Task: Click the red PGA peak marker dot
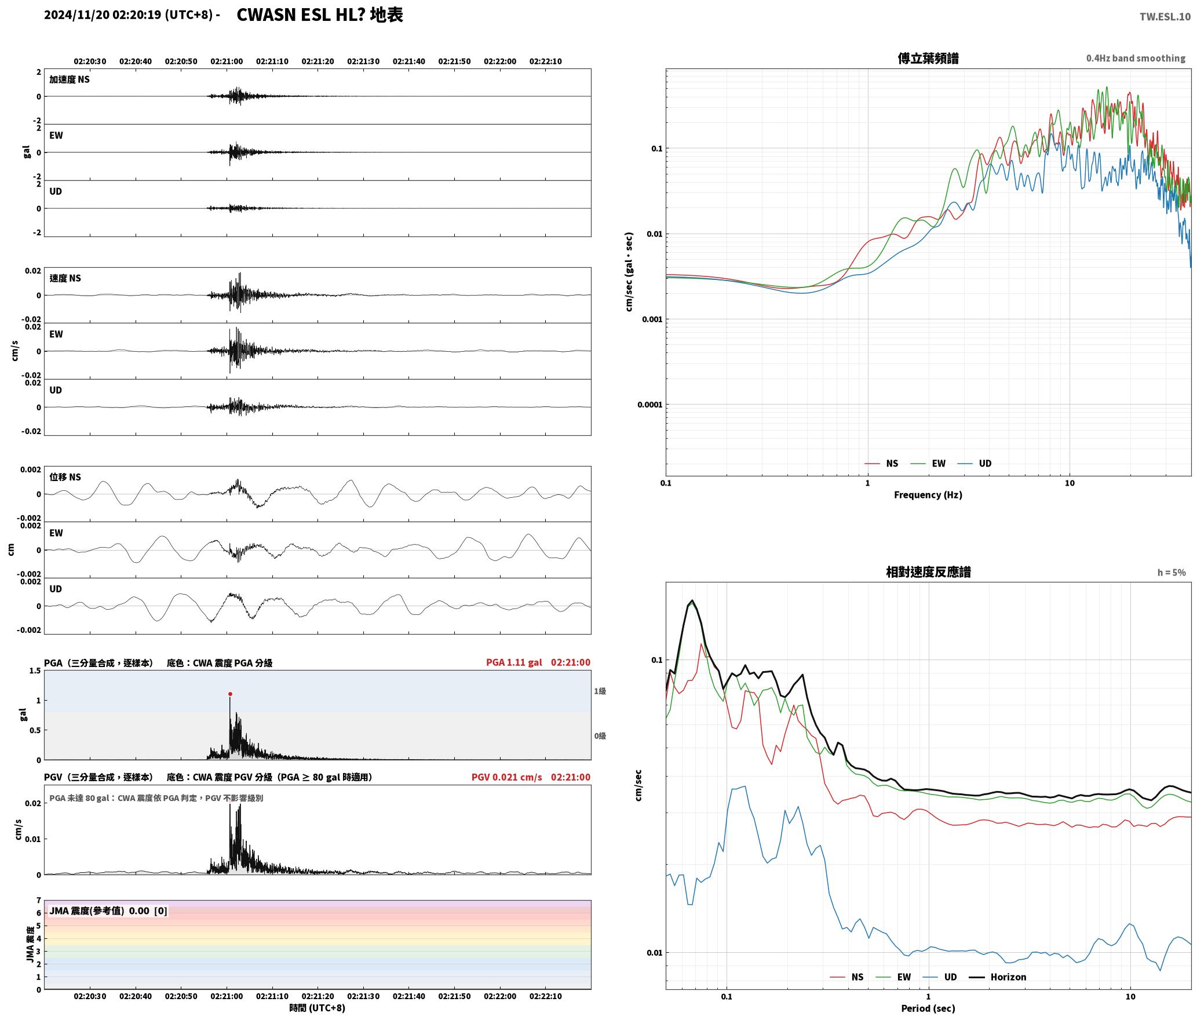coord(230,694)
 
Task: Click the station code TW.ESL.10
coord(1165,17)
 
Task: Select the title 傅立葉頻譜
coord(928,58)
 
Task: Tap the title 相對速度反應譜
coord(928,572)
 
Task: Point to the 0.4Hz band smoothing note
coord(1136,59)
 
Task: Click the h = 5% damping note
coord(1172,573)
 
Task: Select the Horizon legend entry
coord(998,977)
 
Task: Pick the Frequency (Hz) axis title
coord(928,495)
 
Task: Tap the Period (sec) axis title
coord(928,1008)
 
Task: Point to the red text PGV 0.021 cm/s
coord(507,777)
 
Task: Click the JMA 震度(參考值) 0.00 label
coord(99,911)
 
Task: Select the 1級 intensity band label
coord(600,691)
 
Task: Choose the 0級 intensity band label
coord(600,736)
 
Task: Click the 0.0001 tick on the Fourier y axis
coord(649,405)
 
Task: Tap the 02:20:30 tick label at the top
coord(90,61)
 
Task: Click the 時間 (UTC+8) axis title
coord(317,1008)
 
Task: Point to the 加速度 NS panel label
coord(70,79)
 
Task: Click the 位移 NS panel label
coord(65,477)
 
